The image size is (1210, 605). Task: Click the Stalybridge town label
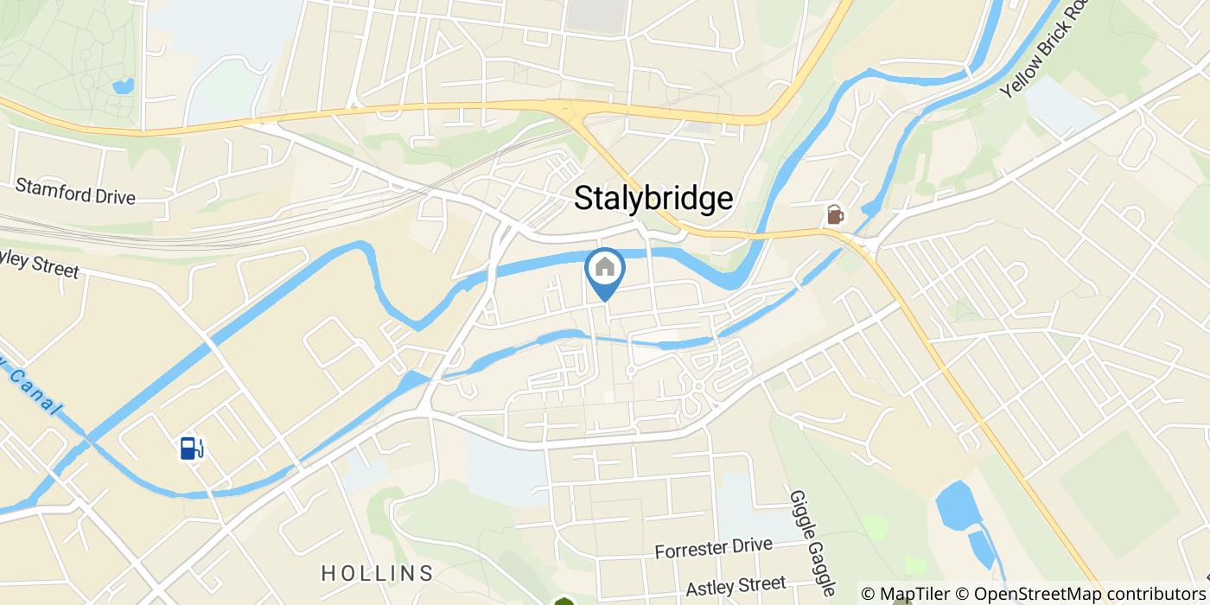pos(654,199)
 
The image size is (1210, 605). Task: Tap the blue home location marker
pos(605,273)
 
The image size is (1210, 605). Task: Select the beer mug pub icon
pos(835,214)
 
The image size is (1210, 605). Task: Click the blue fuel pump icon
pos(192,448)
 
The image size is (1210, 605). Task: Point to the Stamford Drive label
pos(75,191)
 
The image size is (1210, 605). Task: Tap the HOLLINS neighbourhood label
pos(377,573)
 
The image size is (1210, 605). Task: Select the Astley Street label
pos(736,586)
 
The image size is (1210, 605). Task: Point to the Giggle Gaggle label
pos(811,543)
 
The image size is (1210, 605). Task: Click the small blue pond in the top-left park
pos(123,86)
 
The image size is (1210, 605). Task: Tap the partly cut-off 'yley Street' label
pos(39,264)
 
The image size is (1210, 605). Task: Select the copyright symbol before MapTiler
pos(868,594)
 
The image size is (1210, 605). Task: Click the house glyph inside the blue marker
pos(605,267)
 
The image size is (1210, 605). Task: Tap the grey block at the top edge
pos(597,12)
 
